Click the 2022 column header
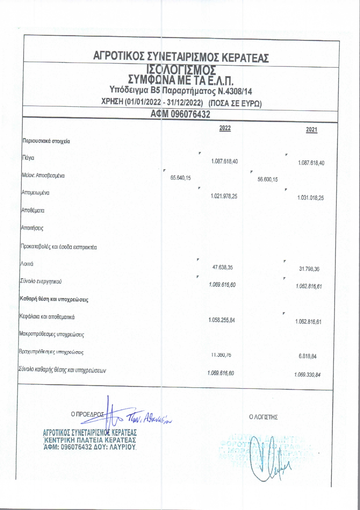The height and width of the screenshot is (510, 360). [x=225, y=128]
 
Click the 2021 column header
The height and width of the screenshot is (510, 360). [x=312, y=130]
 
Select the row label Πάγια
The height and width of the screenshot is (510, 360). [x=28, y=158]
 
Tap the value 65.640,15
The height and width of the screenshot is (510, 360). [x=181, y=178]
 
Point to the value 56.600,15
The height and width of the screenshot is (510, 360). [x=267, y=179]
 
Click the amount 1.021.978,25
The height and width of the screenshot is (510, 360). [x=224, y=196]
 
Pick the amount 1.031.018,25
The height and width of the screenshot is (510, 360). [x=310, y=198]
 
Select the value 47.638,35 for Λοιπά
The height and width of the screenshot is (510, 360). [x=222, y=267]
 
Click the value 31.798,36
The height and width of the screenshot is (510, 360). [x=309, y=269]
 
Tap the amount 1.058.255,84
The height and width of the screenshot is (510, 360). [x=222, y=320]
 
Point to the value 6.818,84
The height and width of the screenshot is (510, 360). [x=307, y=357]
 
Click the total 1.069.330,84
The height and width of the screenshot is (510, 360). [x=307, y=375]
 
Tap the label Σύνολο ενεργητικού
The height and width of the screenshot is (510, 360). [x=40, y=281]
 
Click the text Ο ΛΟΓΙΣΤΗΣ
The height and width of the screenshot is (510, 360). [x=263, y=417]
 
